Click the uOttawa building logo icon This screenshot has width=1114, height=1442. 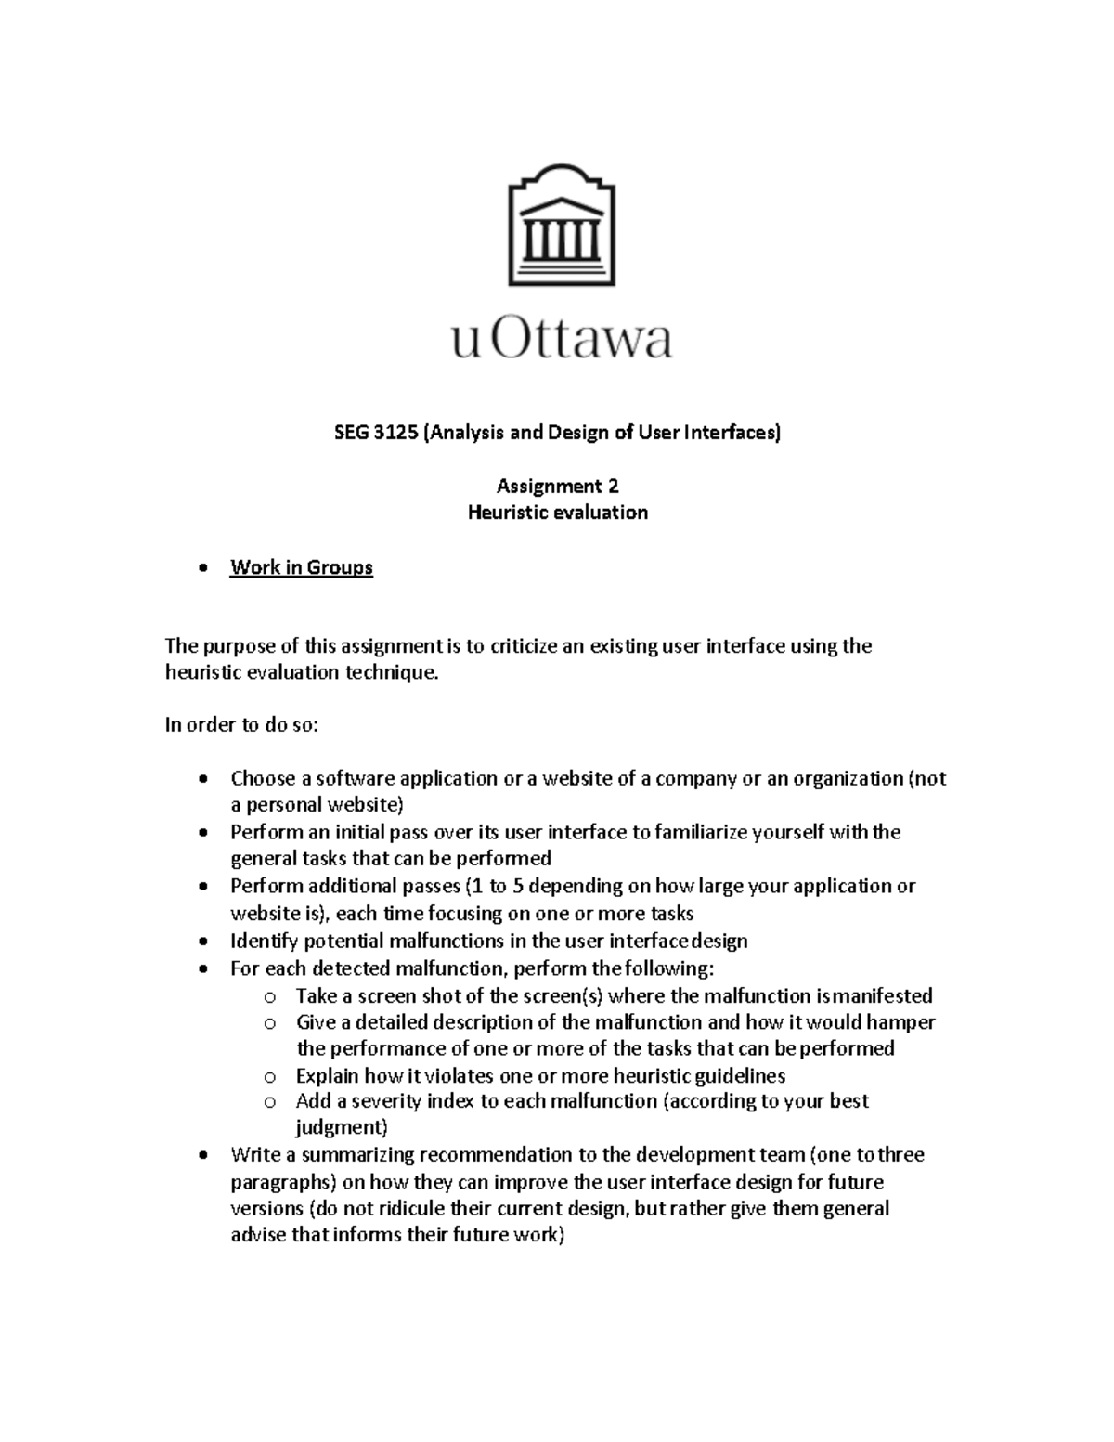(561, 225)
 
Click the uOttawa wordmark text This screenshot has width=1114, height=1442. (561, 340)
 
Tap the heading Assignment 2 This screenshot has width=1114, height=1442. (557, 486)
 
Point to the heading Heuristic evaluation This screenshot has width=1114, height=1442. (557, 513)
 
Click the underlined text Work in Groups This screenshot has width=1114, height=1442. (302, 567)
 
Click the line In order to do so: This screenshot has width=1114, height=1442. (241, 725)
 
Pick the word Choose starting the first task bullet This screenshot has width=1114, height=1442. (263, 778)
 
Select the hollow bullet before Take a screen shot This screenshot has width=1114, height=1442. (269, 997)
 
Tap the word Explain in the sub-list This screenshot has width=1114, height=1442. (327, 1076)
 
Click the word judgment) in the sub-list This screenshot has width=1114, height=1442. (341, 1128)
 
